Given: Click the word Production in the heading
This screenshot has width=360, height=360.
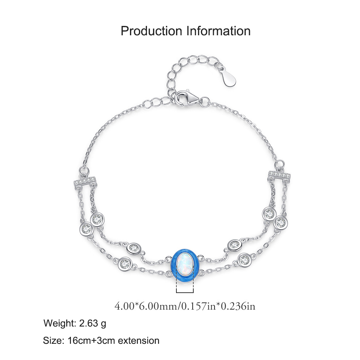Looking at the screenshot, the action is (151, 31).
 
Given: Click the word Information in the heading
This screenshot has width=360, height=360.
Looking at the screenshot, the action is (219, 31).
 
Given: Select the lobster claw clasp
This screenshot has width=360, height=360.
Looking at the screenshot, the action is (186, 99).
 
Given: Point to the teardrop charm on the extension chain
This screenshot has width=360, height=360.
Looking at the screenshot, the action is (229, 76).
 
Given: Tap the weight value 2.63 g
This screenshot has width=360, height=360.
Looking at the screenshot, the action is (93, 324).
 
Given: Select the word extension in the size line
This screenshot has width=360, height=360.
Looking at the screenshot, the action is (139, 340).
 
